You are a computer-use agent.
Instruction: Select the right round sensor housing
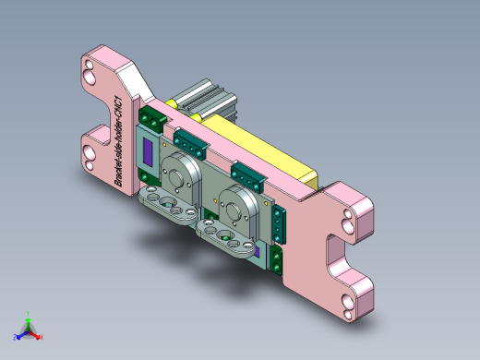[243, 203]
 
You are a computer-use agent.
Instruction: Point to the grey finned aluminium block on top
[208, 99]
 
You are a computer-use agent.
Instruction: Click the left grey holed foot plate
[168, 204]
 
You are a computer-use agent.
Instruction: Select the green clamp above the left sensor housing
[190, 141]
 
